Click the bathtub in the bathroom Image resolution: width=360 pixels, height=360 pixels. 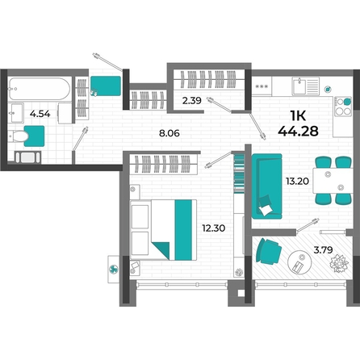pyautogui.click(x=40, y=89)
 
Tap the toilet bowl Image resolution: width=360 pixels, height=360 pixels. pyautogui.click(x=19, y=136)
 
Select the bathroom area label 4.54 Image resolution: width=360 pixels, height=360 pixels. pyautogui.click(x=40, y=114)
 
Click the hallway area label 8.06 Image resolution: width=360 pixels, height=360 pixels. pyautogui.click(x=170, y=133)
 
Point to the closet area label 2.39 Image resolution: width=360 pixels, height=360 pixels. pyautogui.click(x=192, y=101)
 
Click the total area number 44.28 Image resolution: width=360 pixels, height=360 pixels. pyautogui.click(x=298, y=131)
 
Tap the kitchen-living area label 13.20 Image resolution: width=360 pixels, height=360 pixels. pyautogui.click(x=297, y=181)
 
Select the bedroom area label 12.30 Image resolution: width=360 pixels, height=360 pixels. pyautogui.click(x=214, y=228)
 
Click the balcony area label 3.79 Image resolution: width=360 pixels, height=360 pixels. pyautogui.click(x=323, y=249)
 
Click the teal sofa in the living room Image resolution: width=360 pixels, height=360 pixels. pyautogui.click(x=267, y=186)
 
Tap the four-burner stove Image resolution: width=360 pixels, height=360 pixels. pyautogui.click(x=343, y=107)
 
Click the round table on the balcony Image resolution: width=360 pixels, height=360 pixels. pyautogui.click(x=299, y=262)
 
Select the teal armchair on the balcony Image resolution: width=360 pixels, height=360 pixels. pyautogui.click(x=268, y=251)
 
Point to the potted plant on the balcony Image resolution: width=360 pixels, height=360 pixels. pyautogui.click(x=339, y=263)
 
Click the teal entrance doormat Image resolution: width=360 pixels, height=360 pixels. pyautogui.click(x=106, y=86)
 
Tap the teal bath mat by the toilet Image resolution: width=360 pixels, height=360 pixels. pyautogui.click(x=35, y=136)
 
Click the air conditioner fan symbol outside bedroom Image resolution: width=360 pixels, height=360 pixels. pyautogui.click(x=113, y=269)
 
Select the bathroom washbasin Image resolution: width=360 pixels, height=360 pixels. pyautogui.click(x=16, y=113)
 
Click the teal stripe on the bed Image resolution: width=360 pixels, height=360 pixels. pyautogui.click(x=183, y=230)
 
